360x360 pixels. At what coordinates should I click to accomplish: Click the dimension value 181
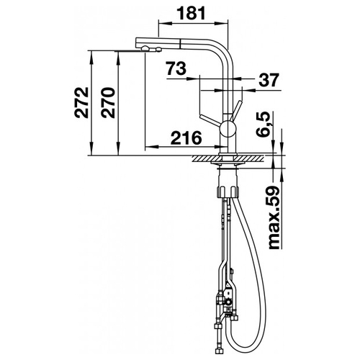pyautogui.click(x=192, y=13)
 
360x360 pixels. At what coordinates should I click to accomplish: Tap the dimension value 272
pyautogui.click(x=81, y=103)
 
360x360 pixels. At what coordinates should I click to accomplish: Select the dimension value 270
pyautogui.click(x=108, y=103)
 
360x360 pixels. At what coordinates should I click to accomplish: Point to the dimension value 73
pyautogui.click(x=176, y=68)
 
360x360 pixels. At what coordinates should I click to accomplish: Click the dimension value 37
pyautogui.click(x=269, y=80)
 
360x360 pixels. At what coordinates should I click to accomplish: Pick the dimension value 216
pyautogui.click(x=186, y=138)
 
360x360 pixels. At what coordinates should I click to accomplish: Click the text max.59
pyautogui.click(x=274, y=217)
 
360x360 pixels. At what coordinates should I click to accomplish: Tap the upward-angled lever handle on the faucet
pyautogui.click(x=236, y=111)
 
